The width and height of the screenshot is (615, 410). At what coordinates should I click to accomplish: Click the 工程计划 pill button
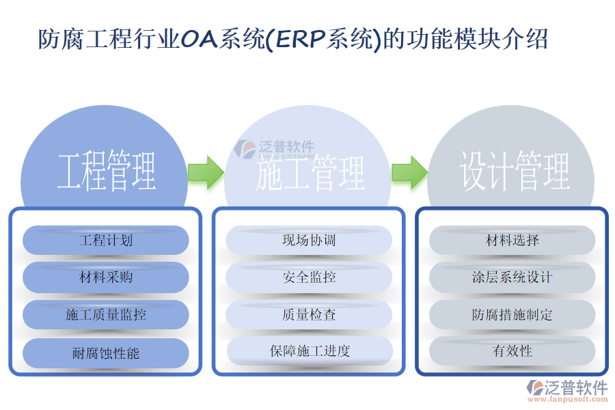[106, 241]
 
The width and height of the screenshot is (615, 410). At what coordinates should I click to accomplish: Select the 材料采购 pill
[106, 277]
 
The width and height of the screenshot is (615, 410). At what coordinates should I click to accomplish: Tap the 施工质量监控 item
[106, 314]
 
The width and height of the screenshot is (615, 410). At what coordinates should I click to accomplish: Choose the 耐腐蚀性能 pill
[106, 353]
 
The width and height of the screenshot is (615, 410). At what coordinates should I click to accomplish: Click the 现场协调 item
[309, 241]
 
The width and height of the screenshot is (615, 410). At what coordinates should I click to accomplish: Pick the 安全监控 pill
[309, 277]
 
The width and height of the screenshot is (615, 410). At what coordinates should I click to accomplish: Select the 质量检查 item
[309, 314]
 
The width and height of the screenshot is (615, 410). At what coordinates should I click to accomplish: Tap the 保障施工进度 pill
[310, 351]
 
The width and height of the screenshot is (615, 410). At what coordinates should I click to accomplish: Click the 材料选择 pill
[512, 241]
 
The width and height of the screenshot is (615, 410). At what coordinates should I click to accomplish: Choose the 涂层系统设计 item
[512, 277]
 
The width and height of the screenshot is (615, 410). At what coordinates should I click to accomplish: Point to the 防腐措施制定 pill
[512, 314]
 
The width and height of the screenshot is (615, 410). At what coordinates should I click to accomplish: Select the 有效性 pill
[512, 351]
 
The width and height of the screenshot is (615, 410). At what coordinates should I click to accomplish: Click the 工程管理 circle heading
[107, 171]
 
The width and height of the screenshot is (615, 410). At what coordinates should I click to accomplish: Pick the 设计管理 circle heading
[515, 171]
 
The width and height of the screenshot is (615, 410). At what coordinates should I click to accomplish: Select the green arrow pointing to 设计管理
[409, 172]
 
